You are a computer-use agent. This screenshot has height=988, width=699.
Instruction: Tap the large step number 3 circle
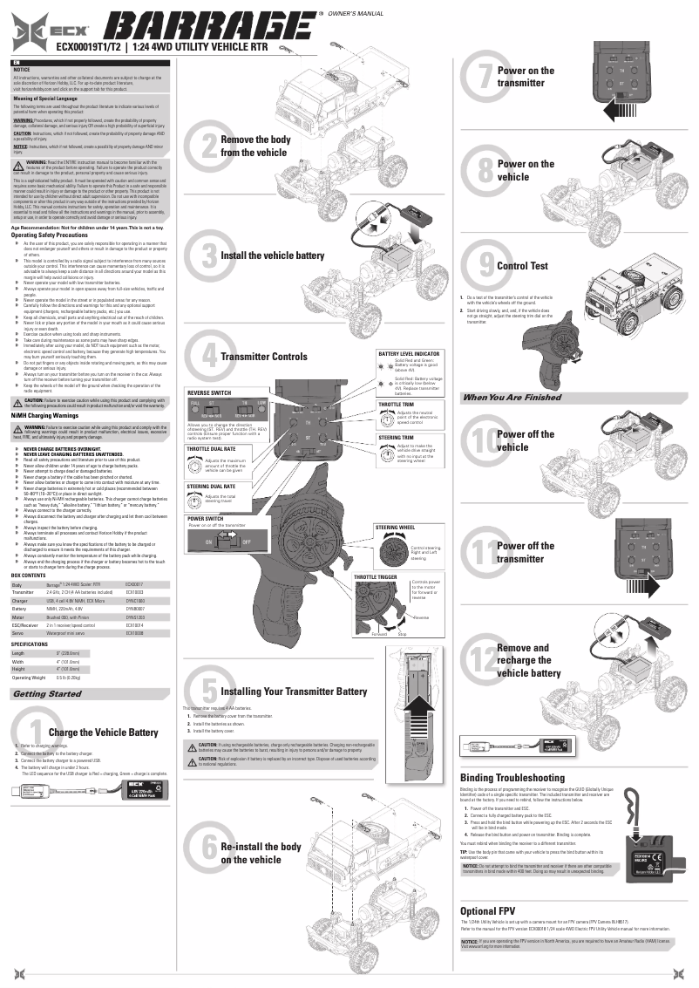click(x=205, y=256)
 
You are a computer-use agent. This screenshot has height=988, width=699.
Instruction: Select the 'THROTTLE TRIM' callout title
click(x=396, y=405)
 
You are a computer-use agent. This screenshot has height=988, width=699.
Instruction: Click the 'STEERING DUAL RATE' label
click(x=211, y=485)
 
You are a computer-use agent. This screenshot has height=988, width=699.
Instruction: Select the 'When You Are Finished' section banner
click(x=512, y=397)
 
